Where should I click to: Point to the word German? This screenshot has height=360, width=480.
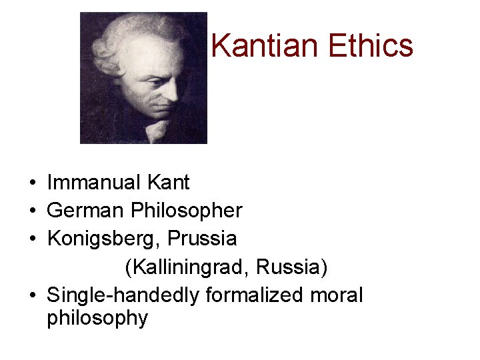point(86,211)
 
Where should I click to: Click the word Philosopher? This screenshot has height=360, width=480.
point(187,211)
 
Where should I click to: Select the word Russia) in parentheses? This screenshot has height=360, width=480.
point(292,267)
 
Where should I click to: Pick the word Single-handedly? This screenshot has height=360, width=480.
point(123,295)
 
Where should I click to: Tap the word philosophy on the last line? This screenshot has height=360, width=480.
point(97,318)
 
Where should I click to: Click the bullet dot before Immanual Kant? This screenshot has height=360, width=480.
point(32,183)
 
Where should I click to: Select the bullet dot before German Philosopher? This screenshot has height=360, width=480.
point(32,211)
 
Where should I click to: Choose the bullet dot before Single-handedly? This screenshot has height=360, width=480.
point(32,295)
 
